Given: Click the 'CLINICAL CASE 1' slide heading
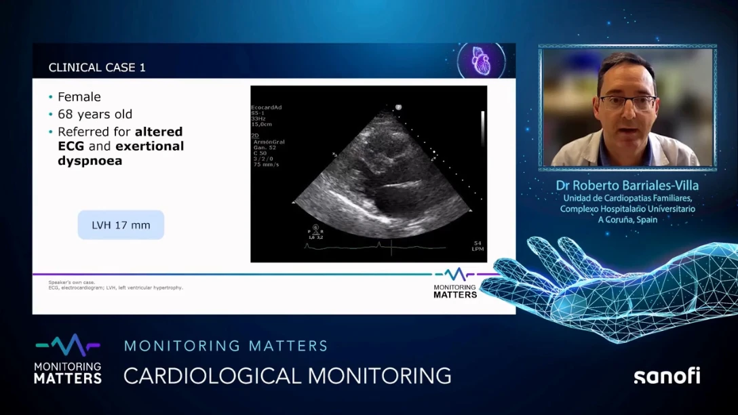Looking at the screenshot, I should [x=97, y=68].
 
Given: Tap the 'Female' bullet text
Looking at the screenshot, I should [x=79, y=97].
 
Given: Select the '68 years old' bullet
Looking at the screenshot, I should [x=94, y=114].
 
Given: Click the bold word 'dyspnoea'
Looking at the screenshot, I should [x=90, y=161].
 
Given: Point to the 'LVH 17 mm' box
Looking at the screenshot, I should [x=121, y=225].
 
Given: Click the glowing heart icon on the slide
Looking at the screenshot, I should [x=480, y=61].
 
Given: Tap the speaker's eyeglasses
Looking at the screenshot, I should [x=627, y=102].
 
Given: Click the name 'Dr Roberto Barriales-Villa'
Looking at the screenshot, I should [x=627, y=185].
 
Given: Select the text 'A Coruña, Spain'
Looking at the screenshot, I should [x=627, y=220].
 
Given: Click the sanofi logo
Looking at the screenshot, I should [x=666, y=376].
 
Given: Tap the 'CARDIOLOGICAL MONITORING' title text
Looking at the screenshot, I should [x=287, y=375].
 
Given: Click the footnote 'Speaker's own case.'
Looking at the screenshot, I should [x=72, y=282].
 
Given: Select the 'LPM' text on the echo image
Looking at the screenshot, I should [x=477, y=249].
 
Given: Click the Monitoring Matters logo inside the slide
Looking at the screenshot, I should [x=455, y=283].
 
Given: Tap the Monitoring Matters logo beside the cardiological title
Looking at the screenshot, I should [x=68, y=359].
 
